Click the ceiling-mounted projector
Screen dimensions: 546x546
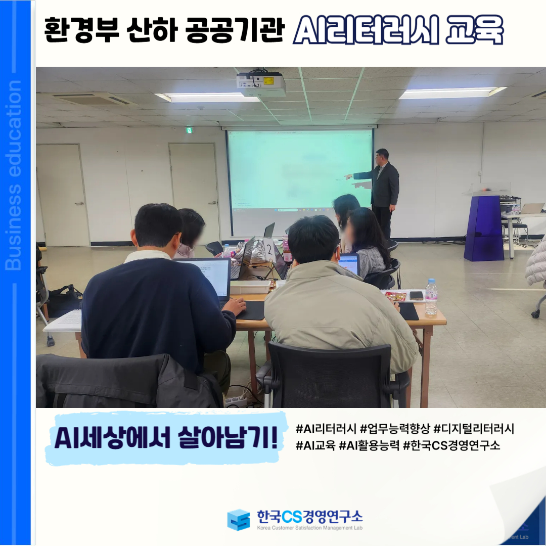pyautogui.click(x=261, y=84)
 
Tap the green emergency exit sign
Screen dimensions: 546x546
pyautogui.click(x=189, y=130)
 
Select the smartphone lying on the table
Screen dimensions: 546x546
pyautogui.click(x=416, y=296)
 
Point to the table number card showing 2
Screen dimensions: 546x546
pyautogui.click(x=269, y=249)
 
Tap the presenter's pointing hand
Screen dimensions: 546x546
pyautogui.click(x=348, y=177)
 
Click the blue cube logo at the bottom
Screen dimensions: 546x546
pyautogui.click(x=239, y=520)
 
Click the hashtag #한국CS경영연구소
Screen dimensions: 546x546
pyautogui.click(x=451, y=445)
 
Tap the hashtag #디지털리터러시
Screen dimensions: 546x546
pyautogui.click(x=474, y=429)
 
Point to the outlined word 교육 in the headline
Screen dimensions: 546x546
pyautogui.click(x=474, y=30)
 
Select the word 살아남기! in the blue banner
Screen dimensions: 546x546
pyautogui.click(x=228, y=437)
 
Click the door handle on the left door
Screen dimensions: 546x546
pyautogui.click(x=80, y=203)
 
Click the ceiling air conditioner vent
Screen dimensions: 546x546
pyautogui.click(x=94, y=99)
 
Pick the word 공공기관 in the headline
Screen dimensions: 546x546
pyautogui.click(x=235, y=30)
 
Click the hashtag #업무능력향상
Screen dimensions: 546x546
pyautogui.click(x=395, y=429)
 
